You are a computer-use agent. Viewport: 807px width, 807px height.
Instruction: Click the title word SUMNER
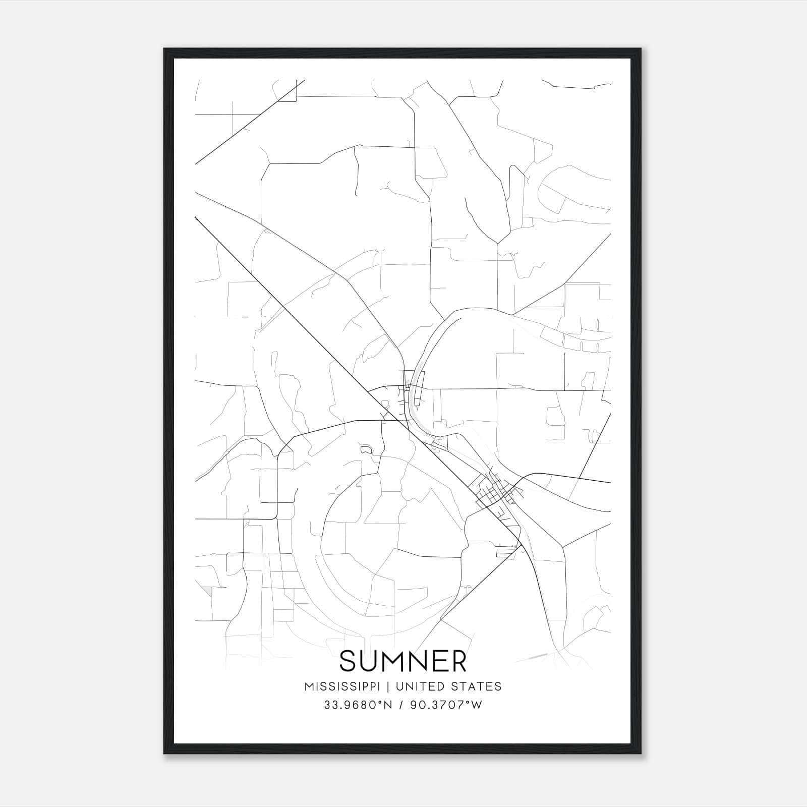click(x=403, y=661)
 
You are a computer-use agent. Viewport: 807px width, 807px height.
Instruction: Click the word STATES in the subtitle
click(x=475, y=686)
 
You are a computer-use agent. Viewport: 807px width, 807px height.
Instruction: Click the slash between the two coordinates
click(x=401, y=705)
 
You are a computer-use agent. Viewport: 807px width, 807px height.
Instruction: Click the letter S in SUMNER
click(x=349, y=661)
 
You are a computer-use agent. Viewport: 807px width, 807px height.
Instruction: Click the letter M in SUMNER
click(x=398, y=661)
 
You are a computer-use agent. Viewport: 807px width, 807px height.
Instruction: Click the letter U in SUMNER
click(x=372, y=661)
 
